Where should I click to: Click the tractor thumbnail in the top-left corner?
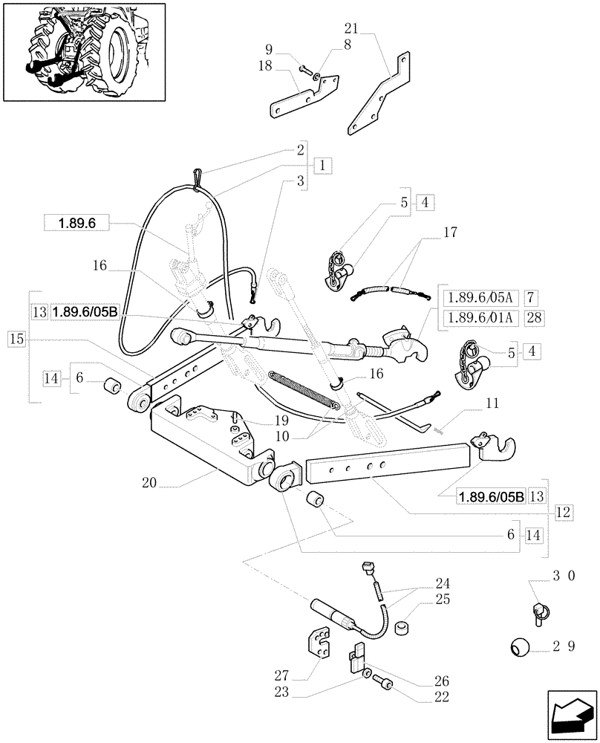coord(77,51)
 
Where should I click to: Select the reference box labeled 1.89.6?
coord(76,222)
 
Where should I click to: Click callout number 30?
coord(564,576)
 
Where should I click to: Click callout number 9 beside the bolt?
coord(269,51)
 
